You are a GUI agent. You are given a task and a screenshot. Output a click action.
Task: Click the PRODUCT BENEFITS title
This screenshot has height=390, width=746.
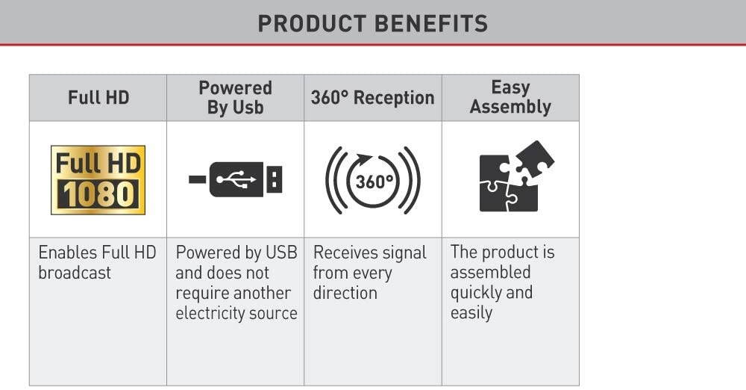pyautogui.click(x=372, y=23)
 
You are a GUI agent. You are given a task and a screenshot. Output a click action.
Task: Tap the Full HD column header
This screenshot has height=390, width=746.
pyautogui.click(x=98, y=98)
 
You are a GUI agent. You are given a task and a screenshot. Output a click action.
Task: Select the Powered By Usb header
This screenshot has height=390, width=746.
pyautogui.click(x=235, y=97)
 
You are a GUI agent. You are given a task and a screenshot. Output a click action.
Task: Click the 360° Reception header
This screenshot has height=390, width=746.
pyautogui.click(x=372, y=98)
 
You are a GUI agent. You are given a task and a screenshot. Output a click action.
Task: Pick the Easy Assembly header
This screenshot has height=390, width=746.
pyautogui.click(x=510, y=97)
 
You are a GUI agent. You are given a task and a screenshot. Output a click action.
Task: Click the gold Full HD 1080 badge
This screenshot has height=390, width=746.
pyautogui.click(x=98, y=180)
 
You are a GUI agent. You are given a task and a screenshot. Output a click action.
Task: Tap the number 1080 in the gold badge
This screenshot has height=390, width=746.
pyautogui.click(x=98, y=194)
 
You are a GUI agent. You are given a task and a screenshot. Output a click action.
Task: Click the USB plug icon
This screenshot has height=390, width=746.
pyautogui.click(x=236, y=179)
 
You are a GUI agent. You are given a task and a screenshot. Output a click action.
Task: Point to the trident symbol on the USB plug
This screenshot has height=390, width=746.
pyautogui.click(x=236, y=179)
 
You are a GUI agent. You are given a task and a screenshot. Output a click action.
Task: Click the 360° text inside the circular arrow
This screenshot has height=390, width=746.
pyautogui.click(x=374, y=182)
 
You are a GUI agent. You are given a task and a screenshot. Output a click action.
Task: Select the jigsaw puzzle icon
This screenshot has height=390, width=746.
pyautogui.click(x=516, y=176)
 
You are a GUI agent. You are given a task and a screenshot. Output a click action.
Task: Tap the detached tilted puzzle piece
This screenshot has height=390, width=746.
pyautogui.click(x=535, y=160)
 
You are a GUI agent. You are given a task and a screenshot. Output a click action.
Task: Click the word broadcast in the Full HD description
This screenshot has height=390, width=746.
pyautogui.click(x=75, y=273)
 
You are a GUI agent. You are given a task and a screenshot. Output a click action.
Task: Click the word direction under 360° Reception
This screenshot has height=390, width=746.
pyautogui.click(x=345, y=293)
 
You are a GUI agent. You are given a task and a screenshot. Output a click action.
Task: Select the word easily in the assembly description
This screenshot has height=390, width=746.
pyautogui.click(x=471, y=313)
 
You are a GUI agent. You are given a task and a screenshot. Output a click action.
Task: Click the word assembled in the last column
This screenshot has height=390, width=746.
pyautogui.click(x=491, y=272)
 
